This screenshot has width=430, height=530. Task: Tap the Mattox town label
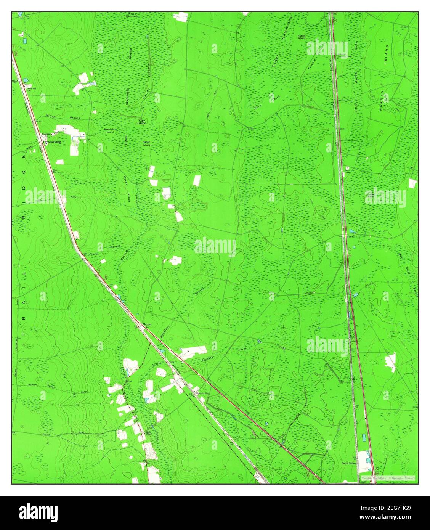pos(147,324)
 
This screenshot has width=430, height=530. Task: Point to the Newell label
pos(350,236)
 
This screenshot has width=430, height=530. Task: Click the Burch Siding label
pos(348,463)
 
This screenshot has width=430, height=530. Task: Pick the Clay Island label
pos(142,122)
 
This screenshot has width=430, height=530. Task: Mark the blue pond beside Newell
pos(352,231)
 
